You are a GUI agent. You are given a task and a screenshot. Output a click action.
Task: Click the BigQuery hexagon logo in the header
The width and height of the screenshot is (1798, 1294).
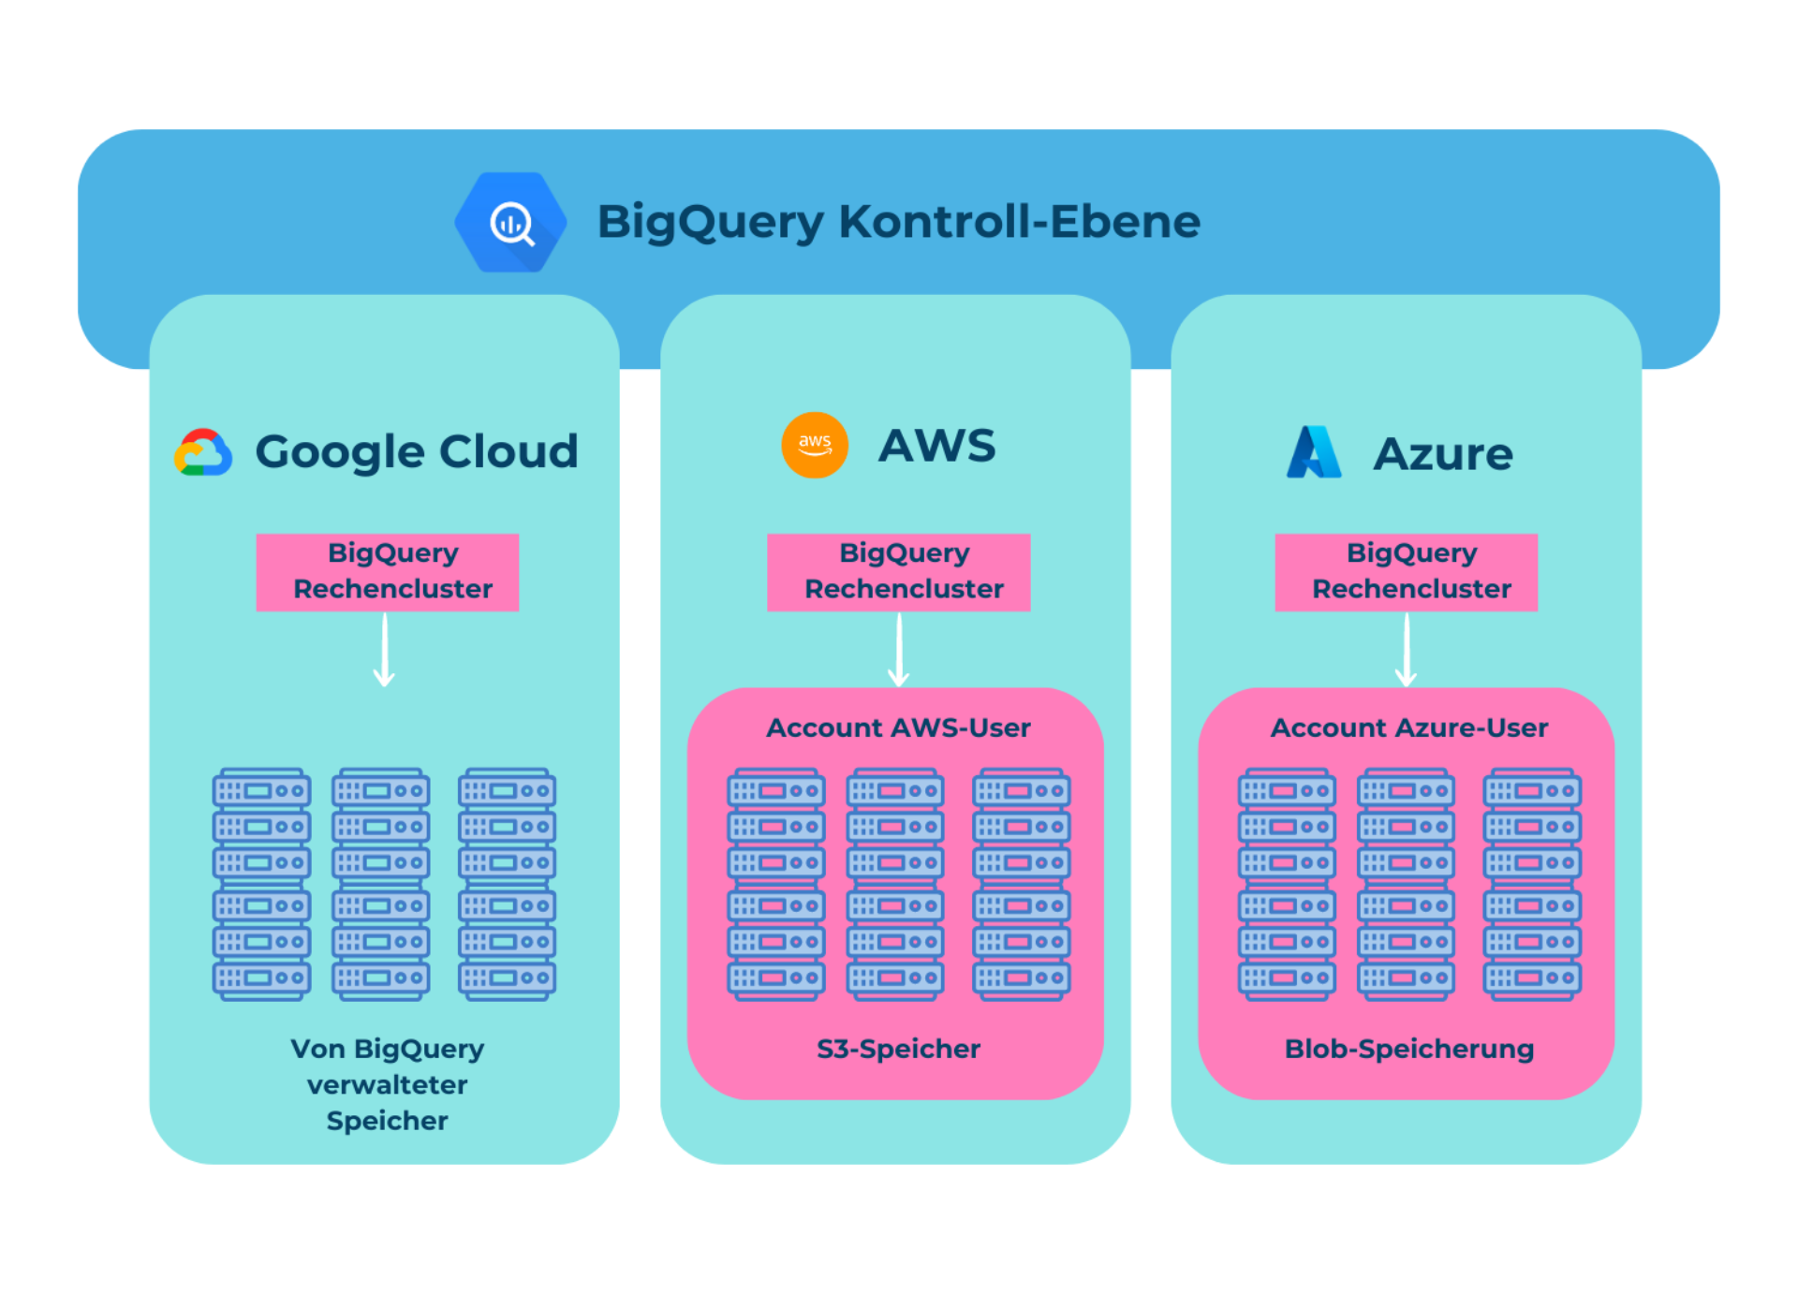click(510, 222)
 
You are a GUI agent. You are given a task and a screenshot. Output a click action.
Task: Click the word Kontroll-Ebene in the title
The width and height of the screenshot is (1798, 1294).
click(1019, 222)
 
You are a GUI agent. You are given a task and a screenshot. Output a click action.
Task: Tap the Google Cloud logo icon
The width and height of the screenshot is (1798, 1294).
click(203, 453)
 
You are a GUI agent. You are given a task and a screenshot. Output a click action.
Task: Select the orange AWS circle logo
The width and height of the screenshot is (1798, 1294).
click(814, 445)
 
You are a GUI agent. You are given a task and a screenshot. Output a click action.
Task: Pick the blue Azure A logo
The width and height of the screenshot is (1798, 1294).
click(1313, 452)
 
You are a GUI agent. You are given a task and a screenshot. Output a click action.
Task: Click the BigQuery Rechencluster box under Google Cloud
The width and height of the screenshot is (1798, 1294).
click(388, 572)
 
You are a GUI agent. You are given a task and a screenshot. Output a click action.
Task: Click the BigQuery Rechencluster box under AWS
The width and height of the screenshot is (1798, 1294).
click(898, 572)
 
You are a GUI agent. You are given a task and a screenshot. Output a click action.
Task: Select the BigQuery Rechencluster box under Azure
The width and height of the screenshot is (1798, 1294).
click(1406, 572)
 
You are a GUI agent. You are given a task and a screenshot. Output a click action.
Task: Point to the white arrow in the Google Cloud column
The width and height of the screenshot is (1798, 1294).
click(384, 651)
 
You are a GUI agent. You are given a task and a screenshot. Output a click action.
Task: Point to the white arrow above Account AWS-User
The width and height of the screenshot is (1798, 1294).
click(898, 651)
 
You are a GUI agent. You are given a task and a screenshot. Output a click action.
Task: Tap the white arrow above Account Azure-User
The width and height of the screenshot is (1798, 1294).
click(1406, 651)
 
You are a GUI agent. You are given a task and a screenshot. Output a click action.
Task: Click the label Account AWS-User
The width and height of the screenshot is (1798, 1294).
click(898, 728)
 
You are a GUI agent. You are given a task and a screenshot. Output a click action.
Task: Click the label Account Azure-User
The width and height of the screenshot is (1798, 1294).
click(1408, 728)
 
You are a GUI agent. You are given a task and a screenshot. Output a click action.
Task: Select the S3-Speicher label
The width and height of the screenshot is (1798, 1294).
click(898, 1049)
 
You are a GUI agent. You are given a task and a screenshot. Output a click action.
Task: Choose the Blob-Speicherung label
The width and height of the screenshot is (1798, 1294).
click(1408, 1049)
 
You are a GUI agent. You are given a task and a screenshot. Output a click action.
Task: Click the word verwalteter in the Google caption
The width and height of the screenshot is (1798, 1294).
click(387, 1084)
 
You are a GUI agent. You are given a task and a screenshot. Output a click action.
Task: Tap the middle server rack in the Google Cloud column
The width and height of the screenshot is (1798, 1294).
click(381, 885)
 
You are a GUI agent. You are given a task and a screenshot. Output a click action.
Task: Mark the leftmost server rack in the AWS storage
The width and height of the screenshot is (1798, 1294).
click(776, 885)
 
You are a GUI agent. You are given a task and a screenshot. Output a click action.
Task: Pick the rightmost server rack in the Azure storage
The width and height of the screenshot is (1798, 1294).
click(1532, 885)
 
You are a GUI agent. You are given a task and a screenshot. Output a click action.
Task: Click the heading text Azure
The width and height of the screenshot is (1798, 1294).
click(1442, 454)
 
